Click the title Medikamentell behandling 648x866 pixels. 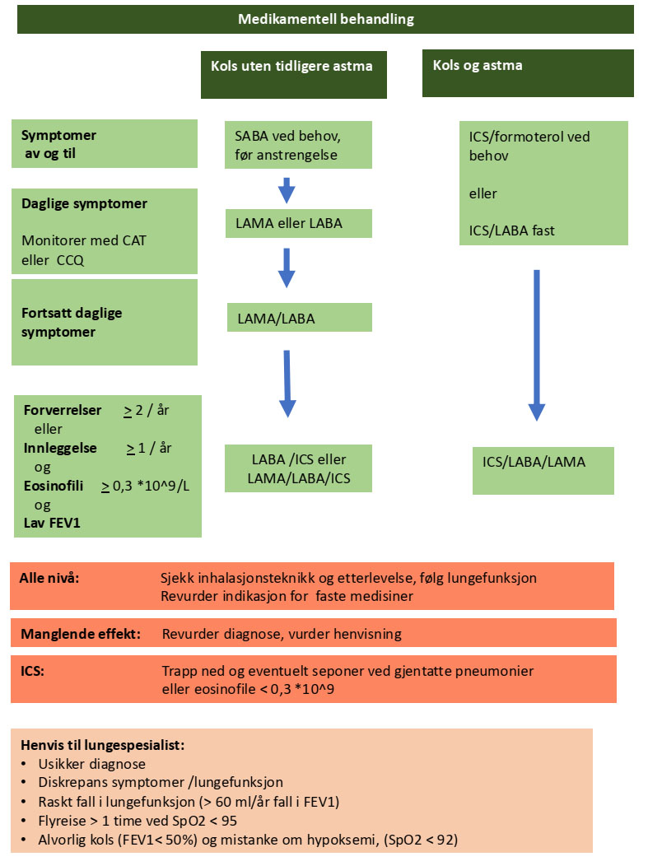[325, 19]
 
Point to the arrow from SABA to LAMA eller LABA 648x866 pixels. [286, 191]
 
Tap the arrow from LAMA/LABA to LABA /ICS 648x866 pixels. [287, 383]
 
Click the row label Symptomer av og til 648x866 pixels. [59, 143]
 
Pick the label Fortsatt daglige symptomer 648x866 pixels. [72, 323]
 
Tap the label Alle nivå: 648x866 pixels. [49, 578]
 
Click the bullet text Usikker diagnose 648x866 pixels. [92, 764]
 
